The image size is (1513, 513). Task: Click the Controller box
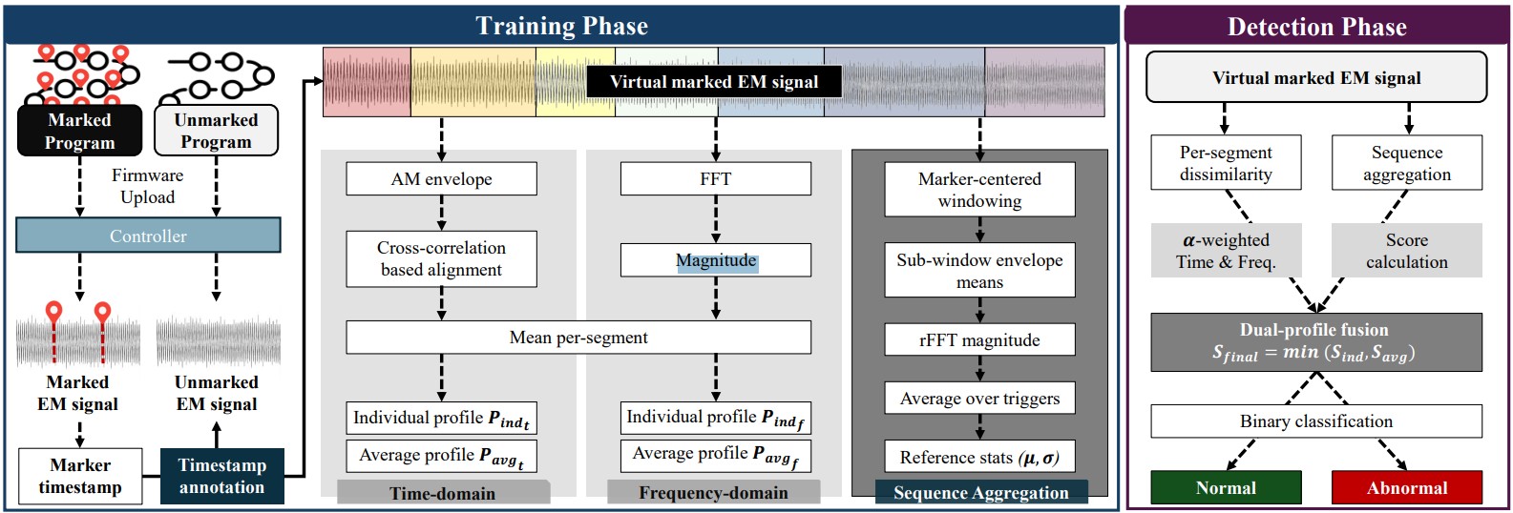click(148, 235)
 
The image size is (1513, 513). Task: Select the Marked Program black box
click(79, 131)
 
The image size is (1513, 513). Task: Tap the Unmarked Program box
click(216, 131)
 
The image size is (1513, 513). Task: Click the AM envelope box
click(442, 179)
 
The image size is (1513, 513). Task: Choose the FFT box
click(716, 179)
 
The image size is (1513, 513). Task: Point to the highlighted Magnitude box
click(716, 260)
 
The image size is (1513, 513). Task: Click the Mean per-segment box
click(578, 337)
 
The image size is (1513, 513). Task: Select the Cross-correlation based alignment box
click(442, 258)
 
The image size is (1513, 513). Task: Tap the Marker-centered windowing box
click(980, 190)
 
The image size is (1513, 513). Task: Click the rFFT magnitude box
click(980, 339)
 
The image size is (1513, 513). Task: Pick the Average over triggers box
click(980, 399)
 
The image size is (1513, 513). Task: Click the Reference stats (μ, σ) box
click(980, 457)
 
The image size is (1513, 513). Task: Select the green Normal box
click(1226, 487)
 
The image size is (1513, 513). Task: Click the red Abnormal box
click(1407, 487)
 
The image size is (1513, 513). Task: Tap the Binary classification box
click(1316, 421)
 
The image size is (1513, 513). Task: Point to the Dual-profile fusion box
click(1316, 342)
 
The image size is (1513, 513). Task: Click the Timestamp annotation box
click(222, 476)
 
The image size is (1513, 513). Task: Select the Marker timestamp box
click(80, 476)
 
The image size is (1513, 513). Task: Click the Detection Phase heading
click(1317, 27)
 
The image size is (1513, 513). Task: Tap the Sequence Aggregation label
click(981, 492)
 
